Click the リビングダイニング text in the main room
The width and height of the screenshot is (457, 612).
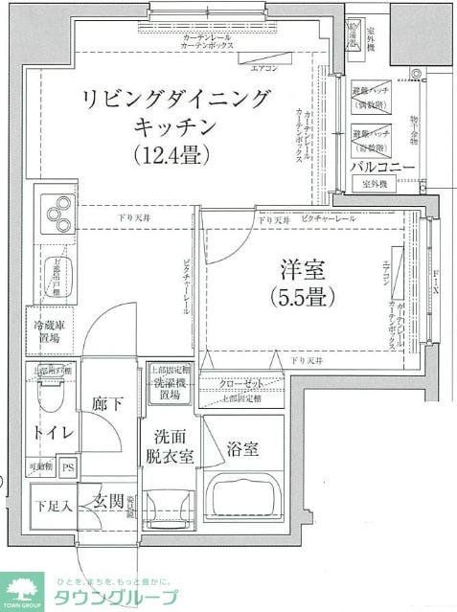pyautogui.click(x=176, y=99)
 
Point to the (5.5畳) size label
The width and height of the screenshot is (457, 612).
pyautogui.click(x=302, y=297)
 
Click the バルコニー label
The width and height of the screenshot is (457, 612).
pyautogui.click(x=382, y=167)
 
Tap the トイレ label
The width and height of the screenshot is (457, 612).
pyautogui.click(x=53, y=433)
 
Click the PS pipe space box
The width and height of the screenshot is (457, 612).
pyautogui.click(x=68, y=468)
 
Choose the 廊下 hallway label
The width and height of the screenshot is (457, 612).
pyautogui.click(x=106, y=404)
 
